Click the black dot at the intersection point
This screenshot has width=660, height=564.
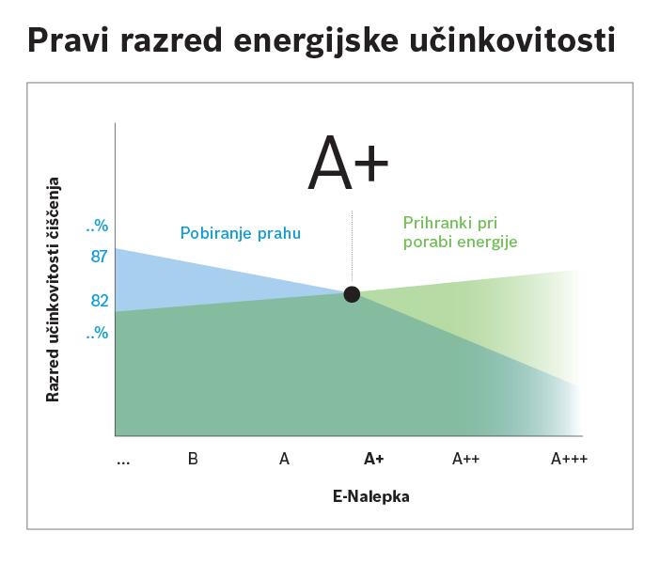pyautogui.click(x=352, y=294)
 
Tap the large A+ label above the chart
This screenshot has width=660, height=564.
pyautogui.click(x=348, y=163)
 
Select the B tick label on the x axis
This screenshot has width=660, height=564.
pyautogui.click(x=193, y=459)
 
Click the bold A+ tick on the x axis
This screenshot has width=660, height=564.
pyautogui.click(x=374, y=459)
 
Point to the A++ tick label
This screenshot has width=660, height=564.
pyautogui.click(x=466, y=459)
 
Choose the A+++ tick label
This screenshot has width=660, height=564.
pyautogui.click(x=569, y=459)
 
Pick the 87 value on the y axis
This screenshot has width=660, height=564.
pyautogui.click(x=100, y=257)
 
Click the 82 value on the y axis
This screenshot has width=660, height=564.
pyautogui.click(x=100, y=301)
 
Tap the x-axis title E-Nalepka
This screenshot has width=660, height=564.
pyautogui.click(x=370, y=496)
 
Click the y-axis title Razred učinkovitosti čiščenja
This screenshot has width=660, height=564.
pyautogui.click(x=53, y=290)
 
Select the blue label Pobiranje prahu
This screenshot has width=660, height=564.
pyautogui.click(x=241, y=233)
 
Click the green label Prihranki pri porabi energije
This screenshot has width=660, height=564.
pyautogui.click(x=460, y=232)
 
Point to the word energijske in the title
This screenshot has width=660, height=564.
pyautogui.click(x=316, y=41)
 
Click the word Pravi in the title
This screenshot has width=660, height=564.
pyautogui.click(x=69, y=40)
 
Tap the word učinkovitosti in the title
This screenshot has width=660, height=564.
pyautogui.click(x=512, y=39)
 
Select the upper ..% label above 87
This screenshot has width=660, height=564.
pyautogui.click(x=97, y=226)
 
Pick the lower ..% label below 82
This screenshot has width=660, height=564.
pyautogui.click(x=97, y=333)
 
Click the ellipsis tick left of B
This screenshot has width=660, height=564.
pyautogui.click(x=123, y=462)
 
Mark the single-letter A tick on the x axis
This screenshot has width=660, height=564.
pyautogui.click(x=284, y=459)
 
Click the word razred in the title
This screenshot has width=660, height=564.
pyautogui.click(x=171, y=40)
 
